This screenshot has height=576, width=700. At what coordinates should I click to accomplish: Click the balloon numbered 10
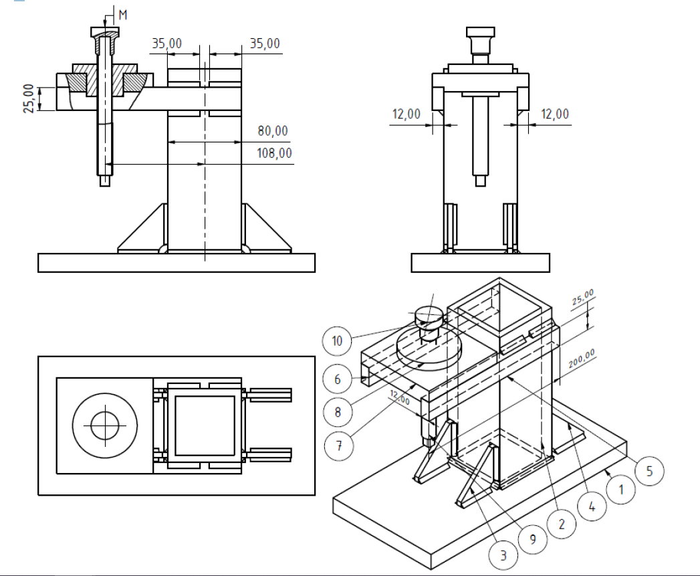(337, 341)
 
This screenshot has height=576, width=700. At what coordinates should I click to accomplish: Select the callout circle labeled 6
(337, 379)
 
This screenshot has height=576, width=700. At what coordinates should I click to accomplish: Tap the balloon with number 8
(337, 412)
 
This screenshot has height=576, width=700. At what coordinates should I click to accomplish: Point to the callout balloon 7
(339, 446)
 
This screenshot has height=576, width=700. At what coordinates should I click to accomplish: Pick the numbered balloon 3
(503, 555)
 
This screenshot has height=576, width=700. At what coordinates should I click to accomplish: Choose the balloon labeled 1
(621, 490)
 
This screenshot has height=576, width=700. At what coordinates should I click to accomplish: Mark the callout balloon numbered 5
(649, 471)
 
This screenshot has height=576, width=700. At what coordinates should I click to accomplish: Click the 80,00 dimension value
(272, 131)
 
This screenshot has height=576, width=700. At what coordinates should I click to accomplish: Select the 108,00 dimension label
(274, 153)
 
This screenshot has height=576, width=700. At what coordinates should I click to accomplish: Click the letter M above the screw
(122, 14)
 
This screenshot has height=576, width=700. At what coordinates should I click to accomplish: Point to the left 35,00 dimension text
(166, 43)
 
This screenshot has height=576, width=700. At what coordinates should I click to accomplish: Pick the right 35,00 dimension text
(265, 43)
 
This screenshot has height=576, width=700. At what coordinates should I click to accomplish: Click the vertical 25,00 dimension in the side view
(29, 98)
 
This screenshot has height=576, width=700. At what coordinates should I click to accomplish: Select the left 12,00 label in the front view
(406, 114)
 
